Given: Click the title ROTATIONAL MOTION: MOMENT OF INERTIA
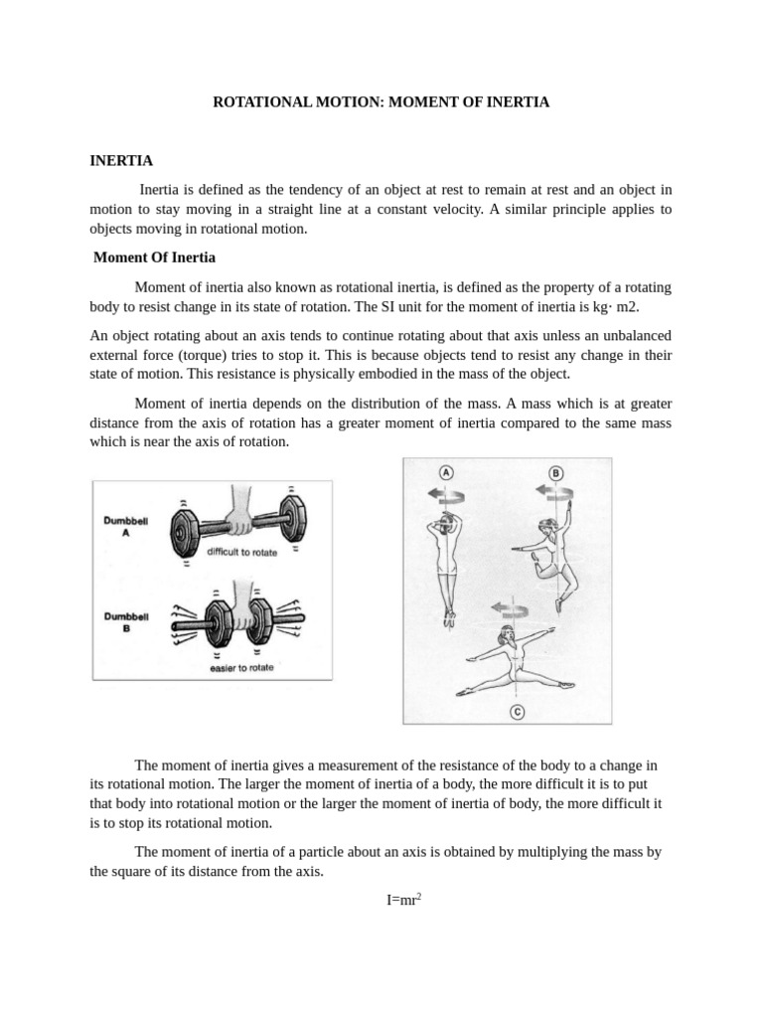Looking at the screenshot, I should tap(381, 101).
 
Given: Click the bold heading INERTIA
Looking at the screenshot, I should tap(120, 160).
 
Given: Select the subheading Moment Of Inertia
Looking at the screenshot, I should tap(154, 257).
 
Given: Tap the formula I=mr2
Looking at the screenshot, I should tap(404, 900).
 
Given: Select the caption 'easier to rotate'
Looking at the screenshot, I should tap(241, 667).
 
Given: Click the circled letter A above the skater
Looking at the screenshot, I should tap(446, 472).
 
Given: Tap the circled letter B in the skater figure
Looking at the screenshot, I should tap(556, 472).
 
